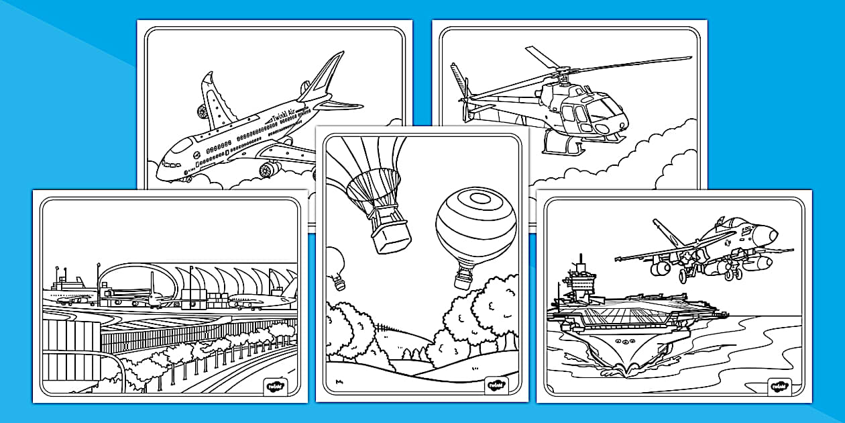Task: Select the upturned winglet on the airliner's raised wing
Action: click(x=207, y=85)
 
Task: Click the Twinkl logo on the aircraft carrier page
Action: click(x=779, y=387)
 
